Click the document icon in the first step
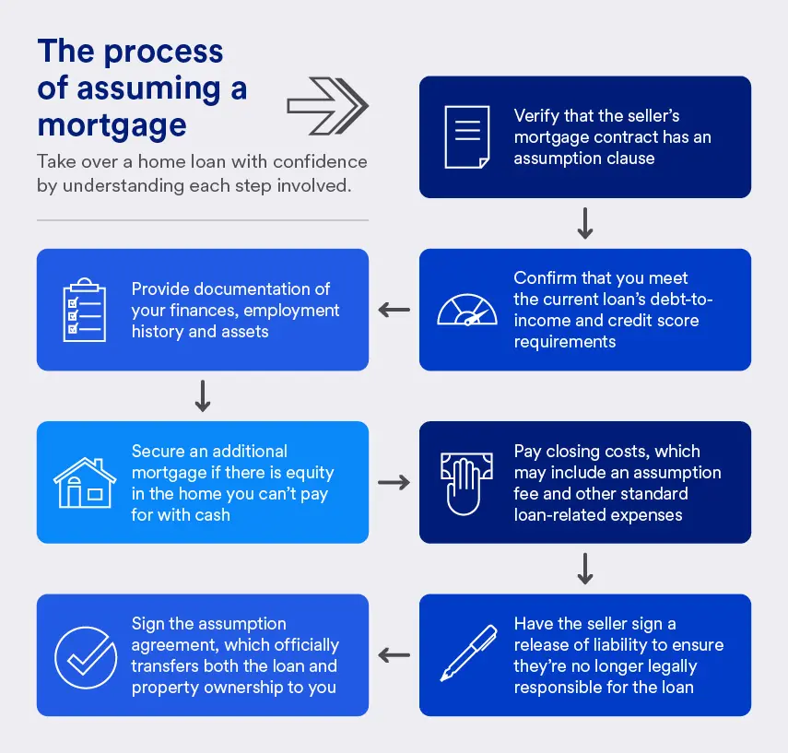click(x=467, y=136)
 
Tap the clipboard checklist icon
click(x=84, y=309)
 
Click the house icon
click(x=84, y=482)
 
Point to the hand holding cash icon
click(x=466, y=482)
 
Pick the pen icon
click(x=466, y=654)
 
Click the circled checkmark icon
click(x=84, y=655)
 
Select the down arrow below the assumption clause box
click(x=584, y=224)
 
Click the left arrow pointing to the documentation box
click(x=394, y=310)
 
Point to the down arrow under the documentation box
click(x=203, y=396)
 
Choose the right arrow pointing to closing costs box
click(x=394, y=482)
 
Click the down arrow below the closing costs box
click(x=584, y=569)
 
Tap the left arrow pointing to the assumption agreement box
click(x=394, y=655)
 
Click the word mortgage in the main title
click(x=112, y=124)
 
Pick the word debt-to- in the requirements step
click(x=680, y=300)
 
